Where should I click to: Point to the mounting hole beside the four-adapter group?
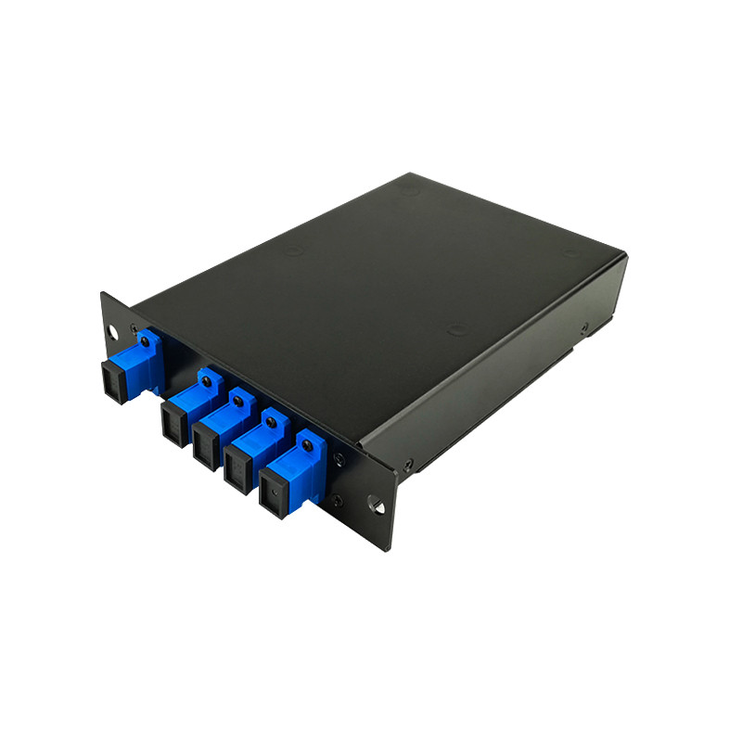(376, 506)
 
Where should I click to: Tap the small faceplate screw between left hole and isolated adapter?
(134, 328)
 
